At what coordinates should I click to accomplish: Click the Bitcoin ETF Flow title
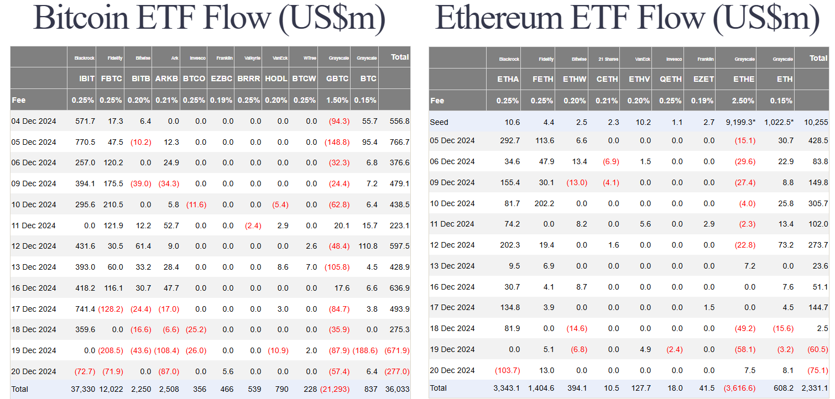pyautogui.click(x=210, y=19)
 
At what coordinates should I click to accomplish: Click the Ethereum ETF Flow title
pyautogui.click(x=628, y=19)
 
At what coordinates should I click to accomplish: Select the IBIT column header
pyautogui.click(x=87, y=78)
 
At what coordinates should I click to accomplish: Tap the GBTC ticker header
pyautogui.click(x=337, y=78)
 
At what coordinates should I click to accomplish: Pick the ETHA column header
pyautogui.click(x=508, y=79)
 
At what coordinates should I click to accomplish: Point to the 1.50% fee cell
pyautogui.click(x=337, y=100)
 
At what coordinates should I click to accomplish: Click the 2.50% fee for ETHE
pyautogui.click(x=743, y=101)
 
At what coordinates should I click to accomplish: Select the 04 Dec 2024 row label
pyautogui.click(x=34, y=121)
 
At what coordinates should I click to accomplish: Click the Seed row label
pyautogui.click(x=439, y=122)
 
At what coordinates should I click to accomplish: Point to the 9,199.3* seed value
pyautogui.click(x=738, y=122)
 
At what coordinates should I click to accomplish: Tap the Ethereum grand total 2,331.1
pyautogui.click(x=815, y=389)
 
